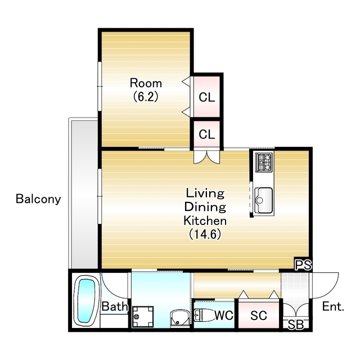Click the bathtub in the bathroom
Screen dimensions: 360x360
(84, 301)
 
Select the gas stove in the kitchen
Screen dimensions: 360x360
(264, 163)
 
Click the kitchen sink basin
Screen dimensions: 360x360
(264, 200)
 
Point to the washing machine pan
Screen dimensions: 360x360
(142, 316)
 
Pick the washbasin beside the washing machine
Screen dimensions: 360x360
(179, 318)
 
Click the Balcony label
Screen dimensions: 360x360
(38, 199)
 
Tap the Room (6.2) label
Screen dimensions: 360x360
(146, 90)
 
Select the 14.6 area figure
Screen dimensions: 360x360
(205, 235)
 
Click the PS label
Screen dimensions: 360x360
(303, 265)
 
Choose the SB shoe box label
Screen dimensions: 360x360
(296, 325)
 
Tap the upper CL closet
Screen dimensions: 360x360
(206, 97)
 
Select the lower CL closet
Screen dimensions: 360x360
(206, 134)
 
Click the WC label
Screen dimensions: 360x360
(224, 315)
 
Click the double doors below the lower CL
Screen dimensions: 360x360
(207, 157)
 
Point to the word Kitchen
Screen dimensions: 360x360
(205, 220)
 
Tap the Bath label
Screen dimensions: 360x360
(115, 306)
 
